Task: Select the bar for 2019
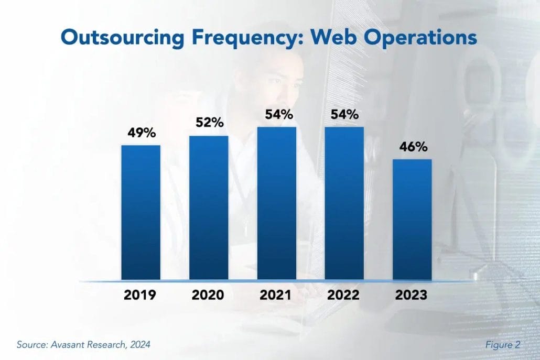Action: [x=141, y=212]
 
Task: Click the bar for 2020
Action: [x=209, y=208]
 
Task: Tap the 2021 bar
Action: [x=276, y=203]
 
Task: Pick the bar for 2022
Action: [x=344, y=203]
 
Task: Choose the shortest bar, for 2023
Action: [x=412, y=219]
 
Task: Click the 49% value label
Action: [x=142, y=133]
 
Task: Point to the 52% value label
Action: [x=210, y=123]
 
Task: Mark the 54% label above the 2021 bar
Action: [x=277, y=114]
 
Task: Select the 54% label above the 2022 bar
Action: [x=344, y=114]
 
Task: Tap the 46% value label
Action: [x=413, y=147]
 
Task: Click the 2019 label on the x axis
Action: [x=140, y=295]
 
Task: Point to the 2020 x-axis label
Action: [x=208, y=295]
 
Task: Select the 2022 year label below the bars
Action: [x=344, y=295]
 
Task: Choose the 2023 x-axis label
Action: [x=412, y=295]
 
